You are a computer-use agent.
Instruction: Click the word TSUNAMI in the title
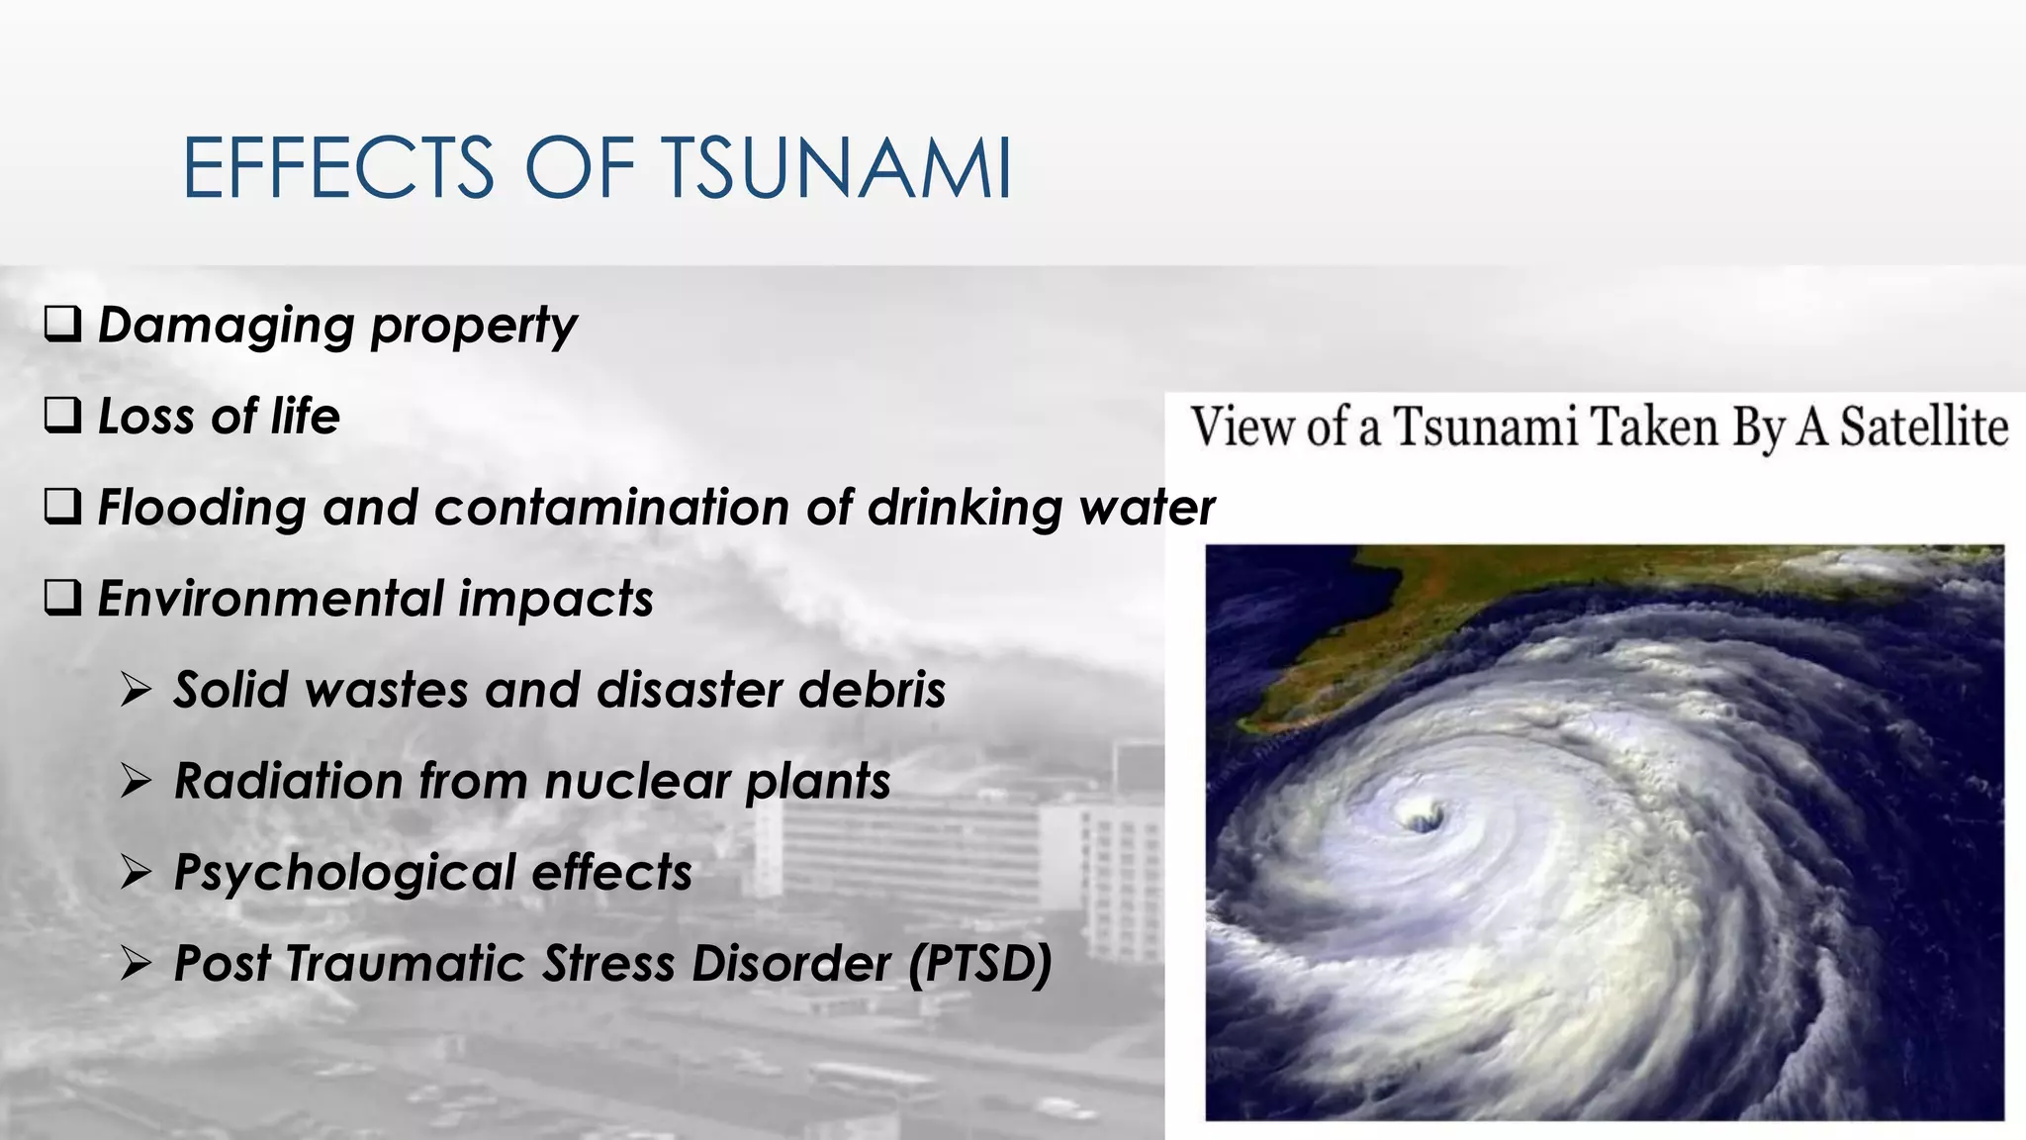coord(836,168)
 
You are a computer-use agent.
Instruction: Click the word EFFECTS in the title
coord(338,168)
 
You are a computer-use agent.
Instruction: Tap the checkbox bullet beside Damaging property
coord(62,324)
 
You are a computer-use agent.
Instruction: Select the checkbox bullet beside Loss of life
coord(62,416)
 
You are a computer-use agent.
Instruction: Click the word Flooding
coord(202,509)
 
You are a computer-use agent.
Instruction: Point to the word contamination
coord(611,508)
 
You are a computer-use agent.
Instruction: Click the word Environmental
coord(271,599)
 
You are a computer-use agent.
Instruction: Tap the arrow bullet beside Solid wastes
coord(136,690)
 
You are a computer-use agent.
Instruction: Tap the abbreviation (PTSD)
coord(980,964)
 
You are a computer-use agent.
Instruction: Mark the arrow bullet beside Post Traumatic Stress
coord(136,963)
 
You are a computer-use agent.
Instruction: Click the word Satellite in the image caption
coord(1923,427)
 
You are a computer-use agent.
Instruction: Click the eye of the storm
coord(1422,817)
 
